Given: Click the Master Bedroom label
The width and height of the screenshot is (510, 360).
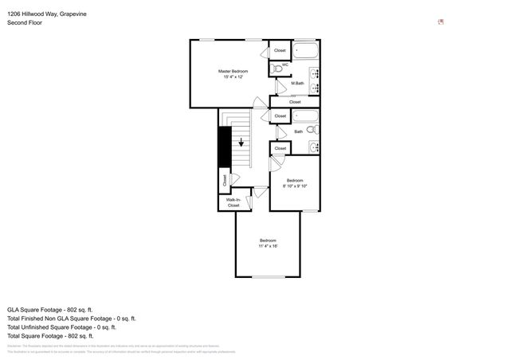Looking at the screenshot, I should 233,71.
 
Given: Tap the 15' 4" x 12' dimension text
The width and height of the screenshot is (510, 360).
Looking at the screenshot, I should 233,77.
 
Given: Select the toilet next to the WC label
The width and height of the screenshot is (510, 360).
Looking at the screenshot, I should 277,69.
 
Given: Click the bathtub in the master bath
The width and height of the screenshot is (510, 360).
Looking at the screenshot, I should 306,51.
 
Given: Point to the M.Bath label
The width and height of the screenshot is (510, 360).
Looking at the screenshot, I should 297,84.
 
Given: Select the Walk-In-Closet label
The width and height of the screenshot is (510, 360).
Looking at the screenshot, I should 233,202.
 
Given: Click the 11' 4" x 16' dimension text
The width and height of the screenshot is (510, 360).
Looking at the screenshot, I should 268,246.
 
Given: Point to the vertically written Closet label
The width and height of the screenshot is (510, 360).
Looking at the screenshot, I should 225,182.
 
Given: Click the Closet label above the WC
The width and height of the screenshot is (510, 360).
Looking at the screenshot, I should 280,50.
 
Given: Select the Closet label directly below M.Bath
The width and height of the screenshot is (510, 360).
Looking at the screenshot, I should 295,102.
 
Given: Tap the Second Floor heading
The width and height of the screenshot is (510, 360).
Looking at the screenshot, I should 25,23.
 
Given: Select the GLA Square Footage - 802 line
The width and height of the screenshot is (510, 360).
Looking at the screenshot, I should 50,309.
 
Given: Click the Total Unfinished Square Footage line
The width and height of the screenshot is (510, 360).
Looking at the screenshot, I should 61,327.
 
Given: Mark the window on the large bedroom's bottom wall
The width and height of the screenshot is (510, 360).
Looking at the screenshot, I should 268,276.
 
